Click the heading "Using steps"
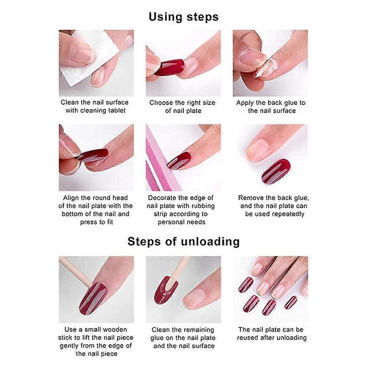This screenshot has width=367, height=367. (x=183, y=17)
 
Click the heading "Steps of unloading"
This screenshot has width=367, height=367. (x=183, y=241)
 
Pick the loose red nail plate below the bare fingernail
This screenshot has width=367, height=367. (x=276, y=171)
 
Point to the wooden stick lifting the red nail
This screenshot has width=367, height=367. (x=75, y=272)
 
